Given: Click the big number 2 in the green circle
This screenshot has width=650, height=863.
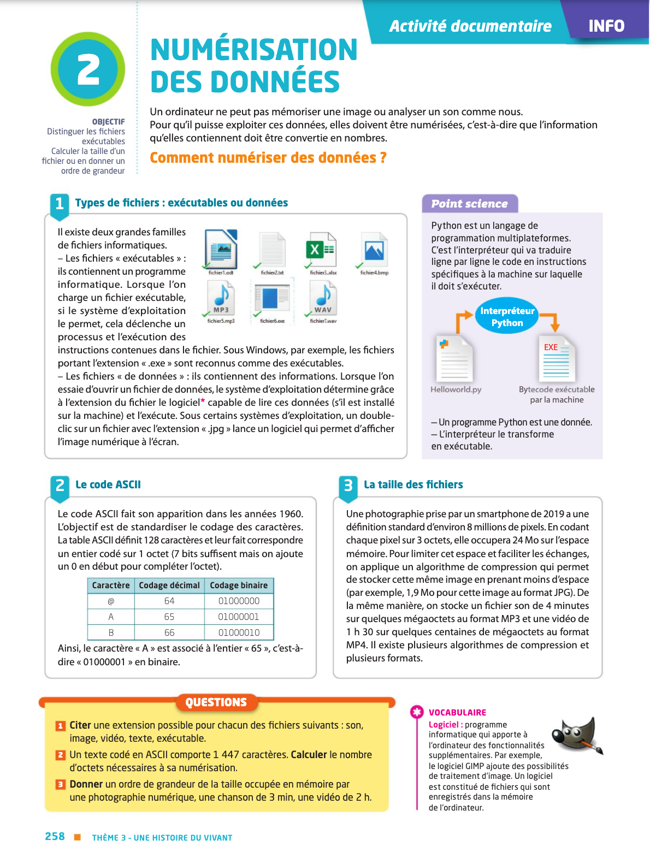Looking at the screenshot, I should coord(88,69).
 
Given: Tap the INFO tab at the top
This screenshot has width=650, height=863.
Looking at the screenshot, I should coord(606,26).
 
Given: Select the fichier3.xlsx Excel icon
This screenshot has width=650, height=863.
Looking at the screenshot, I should coord(321,251).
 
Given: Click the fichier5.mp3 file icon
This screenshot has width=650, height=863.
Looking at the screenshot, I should coord(221,297).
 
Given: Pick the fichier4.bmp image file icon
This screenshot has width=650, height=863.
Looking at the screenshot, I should coord(374,251).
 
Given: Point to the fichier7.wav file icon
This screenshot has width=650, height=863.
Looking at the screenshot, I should coord(323,297).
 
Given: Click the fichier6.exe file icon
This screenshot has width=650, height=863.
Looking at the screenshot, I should coord(273,298).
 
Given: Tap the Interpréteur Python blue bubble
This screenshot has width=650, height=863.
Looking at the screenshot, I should coord(507,317).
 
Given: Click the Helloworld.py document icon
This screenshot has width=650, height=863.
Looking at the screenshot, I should coord(454,359).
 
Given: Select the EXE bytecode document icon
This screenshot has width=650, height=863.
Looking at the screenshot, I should coord(556,359).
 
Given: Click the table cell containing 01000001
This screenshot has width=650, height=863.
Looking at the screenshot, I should coord(239,617).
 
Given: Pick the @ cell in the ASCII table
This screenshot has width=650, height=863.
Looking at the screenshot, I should coord(111,601).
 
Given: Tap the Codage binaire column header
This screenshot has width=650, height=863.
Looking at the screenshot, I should coord(239,585).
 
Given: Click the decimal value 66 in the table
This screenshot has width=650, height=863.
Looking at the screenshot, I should coord(169,633).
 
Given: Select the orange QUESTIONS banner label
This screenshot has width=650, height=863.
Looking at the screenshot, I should coord(216,702).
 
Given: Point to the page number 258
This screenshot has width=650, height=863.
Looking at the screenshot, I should coord(55,837).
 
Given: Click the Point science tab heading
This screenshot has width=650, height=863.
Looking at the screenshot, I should coord(470,204).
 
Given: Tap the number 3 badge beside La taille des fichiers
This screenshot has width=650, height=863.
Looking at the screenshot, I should coord(348,485).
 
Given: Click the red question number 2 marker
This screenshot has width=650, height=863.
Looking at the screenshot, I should coord(61,755).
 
